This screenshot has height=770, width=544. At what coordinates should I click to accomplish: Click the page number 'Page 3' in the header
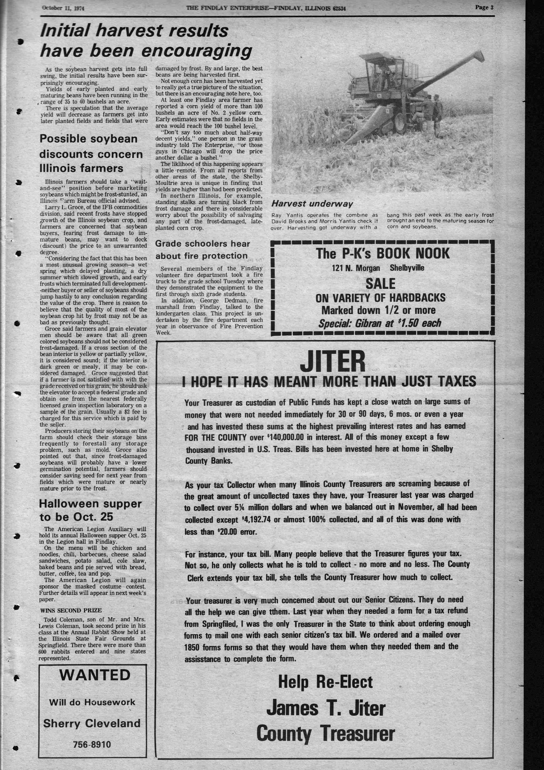pos(484,7)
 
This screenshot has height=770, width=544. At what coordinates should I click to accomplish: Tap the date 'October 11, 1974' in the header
pos(63,8)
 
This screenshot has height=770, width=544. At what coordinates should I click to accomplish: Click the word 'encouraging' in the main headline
pos(197,51)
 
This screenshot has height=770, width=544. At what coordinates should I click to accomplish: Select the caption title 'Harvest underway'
pos(312,204)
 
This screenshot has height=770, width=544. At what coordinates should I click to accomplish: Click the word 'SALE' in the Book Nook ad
pos(380,284)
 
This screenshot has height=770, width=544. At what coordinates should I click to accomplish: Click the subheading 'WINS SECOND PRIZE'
pos(71,610)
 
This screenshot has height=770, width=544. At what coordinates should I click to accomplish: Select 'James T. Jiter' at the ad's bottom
pos(325,709)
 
